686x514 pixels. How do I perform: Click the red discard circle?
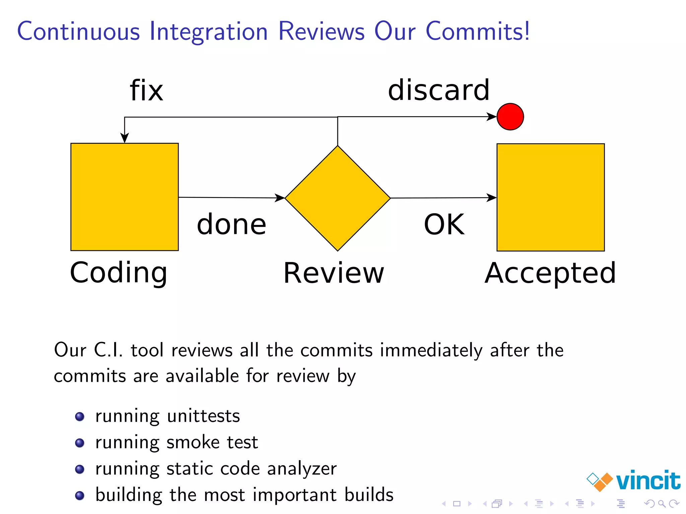tap(510, 117)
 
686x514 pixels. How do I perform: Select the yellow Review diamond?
tap(338, 198)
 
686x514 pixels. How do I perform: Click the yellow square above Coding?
tap(125, 197)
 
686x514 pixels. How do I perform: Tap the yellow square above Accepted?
tap(551, 197)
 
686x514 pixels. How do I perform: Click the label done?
tap(231, 224)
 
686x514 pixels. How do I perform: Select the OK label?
tap(444, 224)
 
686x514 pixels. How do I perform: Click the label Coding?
tap(119, 273)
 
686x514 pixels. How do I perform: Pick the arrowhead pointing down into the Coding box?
tap(125, 138)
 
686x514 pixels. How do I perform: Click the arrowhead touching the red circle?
tap(492, 117)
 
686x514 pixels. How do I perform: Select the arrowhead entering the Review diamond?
tap(280, 198)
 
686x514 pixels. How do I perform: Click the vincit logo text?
tap(648, 481)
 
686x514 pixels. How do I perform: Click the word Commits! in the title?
tap(478, 31)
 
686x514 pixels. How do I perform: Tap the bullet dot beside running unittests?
tap(80, 417)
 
